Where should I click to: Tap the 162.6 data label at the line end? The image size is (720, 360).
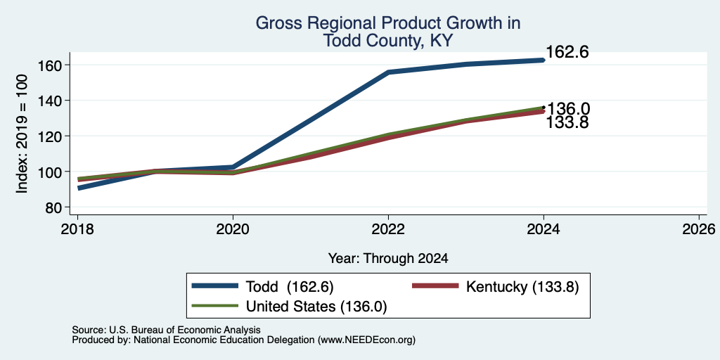[567, 52]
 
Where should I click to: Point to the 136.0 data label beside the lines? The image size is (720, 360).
[568, 109]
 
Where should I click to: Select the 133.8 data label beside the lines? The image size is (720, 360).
[567, 122]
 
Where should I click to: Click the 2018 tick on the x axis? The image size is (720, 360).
[77, 229]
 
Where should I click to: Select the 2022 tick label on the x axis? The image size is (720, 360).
[388, 229]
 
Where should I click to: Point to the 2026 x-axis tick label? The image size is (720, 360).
[699, 229]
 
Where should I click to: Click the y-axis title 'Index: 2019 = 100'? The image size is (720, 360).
[22, 134]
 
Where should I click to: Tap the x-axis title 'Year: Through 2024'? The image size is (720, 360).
[388, 259]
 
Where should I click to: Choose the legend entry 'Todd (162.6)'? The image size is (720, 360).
[289, 287]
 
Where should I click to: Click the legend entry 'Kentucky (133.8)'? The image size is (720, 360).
[522, 287]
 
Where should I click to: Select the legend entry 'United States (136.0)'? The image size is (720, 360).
[316, 307]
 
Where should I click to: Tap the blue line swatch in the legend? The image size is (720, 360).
[216, 286]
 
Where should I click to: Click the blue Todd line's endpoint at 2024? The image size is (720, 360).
[544, 60]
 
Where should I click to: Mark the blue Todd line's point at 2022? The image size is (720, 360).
[388, 72]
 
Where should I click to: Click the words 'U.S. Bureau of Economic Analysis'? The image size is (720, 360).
[185, 330]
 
